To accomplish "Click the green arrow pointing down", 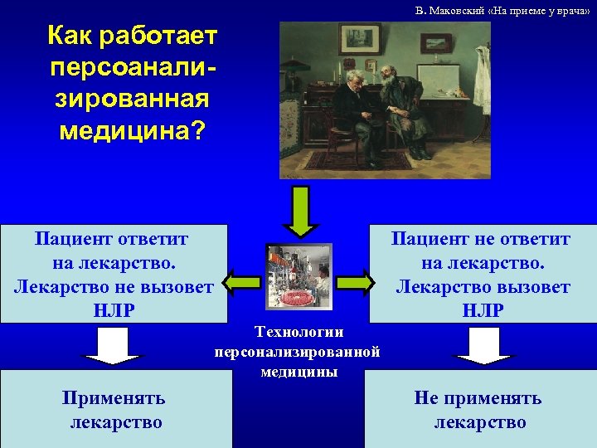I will (302, 211).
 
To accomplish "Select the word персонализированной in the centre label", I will (297, 352).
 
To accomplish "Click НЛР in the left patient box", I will (114, 310).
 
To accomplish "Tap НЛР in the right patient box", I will (483, 310).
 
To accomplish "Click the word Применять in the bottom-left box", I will (114, 398).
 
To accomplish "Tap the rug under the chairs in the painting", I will (373, 162).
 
